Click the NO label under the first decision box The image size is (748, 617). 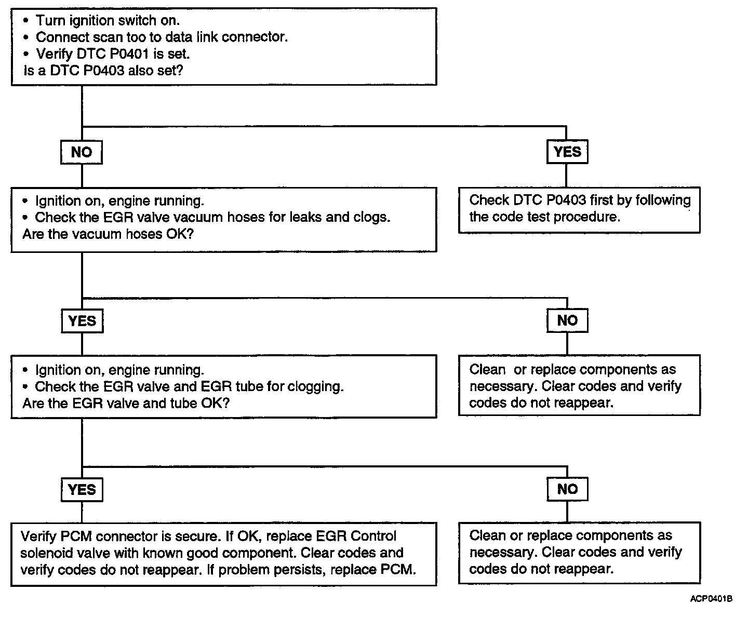coord(82,152)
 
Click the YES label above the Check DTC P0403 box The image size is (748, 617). coord(567,152)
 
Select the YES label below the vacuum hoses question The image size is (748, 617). coord(82,321)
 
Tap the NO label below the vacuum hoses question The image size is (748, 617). coord(567,320)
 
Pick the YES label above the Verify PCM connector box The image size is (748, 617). coord(82,490)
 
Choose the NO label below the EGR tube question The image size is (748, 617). coord(567,489)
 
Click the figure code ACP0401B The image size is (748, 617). coord(711,599)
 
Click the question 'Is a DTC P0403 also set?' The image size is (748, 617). coord(103,71)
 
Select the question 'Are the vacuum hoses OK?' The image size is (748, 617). coord(108,234)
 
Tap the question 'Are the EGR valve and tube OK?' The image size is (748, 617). coord(126,404)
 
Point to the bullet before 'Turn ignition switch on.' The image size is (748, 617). coord(25,21)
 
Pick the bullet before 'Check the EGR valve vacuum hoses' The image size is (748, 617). coord(25,218)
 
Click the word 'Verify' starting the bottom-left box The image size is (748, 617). coord(38,536)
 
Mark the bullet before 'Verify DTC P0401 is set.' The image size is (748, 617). coord(25,54)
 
